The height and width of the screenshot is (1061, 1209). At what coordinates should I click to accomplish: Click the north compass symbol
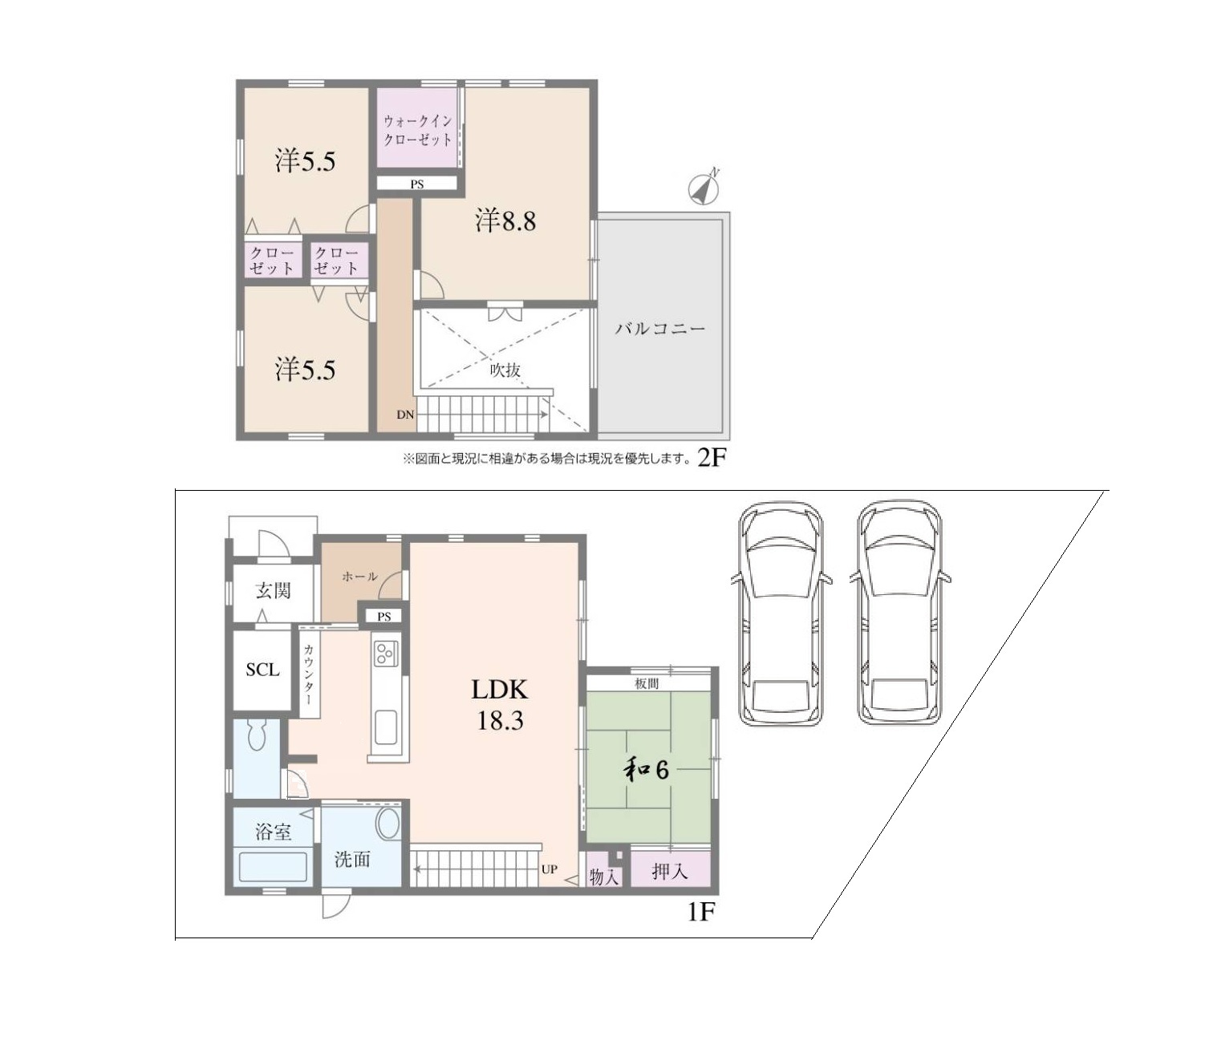coord(704,188)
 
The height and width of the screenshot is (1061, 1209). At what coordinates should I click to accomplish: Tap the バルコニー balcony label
coord(659,329)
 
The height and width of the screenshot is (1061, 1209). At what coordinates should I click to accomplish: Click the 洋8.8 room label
coord(505,221)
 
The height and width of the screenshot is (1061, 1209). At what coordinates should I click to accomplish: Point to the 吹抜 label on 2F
coord(505,370)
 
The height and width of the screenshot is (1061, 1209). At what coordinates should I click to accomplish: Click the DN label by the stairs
coord(405,415)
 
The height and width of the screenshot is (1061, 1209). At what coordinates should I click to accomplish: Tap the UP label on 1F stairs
coord(549,869)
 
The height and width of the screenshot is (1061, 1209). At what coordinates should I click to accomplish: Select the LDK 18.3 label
coord(499,704)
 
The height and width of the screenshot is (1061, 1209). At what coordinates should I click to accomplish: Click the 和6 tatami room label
coord(647,769)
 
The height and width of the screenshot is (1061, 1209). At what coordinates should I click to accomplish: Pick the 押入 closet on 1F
coord(670,870)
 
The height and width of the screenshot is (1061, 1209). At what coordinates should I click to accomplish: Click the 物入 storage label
coord(603,877)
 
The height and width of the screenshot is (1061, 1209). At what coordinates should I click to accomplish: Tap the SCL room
coord(262,670)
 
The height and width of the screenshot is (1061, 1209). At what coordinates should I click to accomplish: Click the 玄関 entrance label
coord(273,591)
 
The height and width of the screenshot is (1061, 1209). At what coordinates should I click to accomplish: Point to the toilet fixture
coord(257,734)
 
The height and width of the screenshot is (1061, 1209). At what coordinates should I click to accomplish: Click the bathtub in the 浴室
coord(273,867)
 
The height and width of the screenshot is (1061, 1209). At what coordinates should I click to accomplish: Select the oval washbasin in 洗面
coord(388,824)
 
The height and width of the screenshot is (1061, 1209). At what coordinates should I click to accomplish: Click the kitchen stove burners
coord(385,651)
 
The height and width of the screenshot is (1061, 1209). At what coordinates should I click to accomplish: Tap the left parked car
coord(781,614)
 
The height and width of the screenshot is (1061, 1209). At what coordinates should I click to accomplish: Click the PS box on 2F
coord(417,184)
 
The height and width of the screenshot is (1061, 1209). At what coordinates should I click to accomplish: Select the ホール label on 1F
coord(359,576)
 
